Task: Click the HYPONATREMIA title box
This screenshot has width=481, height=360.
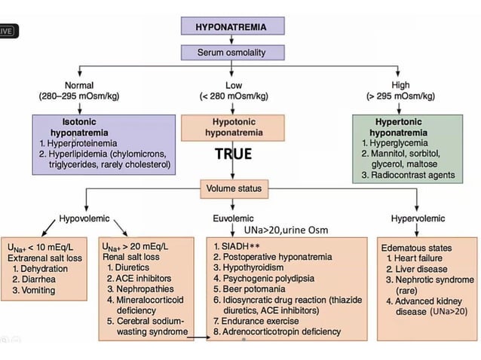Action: pyautogui.click(x=232, y=26)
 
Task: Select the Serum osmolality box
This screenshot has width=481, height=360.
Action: pyautogui.click(x=232, y=53)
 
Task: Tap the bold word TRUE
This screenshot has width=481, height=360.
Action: pyautogui.click(x=232, y=154)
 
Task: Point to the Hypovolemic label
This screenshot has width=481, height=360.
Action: pyautogui.click(x=84, y=218)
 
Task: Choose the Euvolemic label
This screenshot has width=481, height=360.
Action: pyautogui.click(x=232, y=218)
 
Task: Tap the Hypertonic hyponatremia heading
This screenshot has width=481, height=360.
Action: pyautogui.click(x=405, y=127)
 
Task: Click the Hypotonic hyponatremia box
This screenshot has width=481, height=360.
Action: pyautogui.click(x=232, y=127)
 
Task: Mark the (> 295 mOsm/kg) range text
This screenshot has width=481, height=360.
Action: pyautogui.click(x=400, y=96)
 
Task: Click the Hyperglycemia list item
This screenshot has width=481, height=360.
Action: pyautogui.click(x=401, y=142)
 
